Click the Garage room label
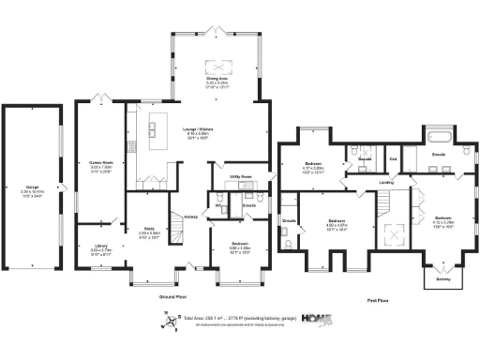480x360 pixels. click(37, 191)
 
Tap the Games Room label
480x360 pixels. click(100, 167)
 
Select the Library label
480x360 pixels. click(101, 248)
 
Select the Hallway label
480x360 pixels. click(190, 217)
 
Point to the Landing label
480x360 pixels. click(384, 182)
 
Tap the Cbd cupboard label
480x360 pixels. click(392, 159)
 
